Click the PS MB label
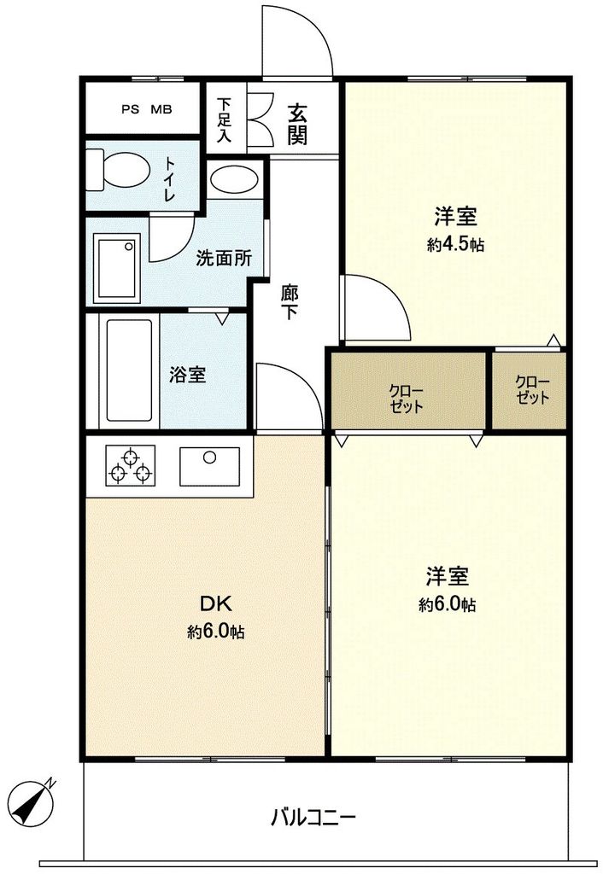click(145, 109)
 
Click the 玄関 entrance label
click(297, 124)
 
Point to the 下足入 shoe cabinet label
click(224, 119)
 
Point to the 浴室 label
click(187, 374)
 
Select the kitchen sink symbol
click(210, 467)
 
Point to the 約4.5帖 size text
click(455, 245)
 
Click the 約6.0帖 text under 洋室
click(447, 604)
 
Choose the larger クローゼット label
click(407, 397)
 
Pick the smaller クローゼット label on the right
click(532, 390)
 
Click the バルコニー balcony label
click(313, 817)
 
